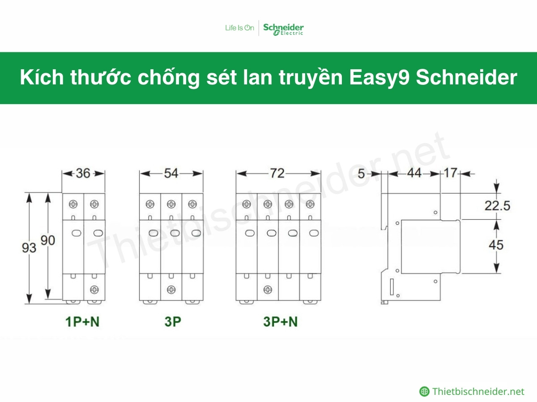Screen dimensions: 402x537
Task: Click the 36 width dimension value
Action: [x=83, y=173]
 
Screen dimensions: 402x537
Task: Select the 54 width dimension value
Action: [x=171, y=173]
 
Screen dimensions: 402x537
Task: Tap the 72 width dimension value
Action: [x=277, y=173]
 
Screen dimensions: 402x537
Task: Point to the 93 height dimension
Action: [x=29, y=247]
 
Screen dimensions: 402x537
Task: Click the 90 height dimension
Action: [x=47, y=240]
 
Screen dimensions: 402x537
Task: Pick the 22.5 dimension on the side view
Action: [x=497, y=205]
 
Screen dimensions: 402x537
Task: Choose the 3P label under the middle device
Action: [x=172, y=321]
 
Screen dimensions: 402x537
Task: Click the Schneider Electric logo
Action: [x=283, y=29]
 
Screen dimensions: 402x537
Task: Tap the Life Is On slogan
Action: [x=239, y=28]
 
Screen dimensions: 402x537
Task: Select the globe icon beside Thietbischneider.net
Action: [x=424, y=392]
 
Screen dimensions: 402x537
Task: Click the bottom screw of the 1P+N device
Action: [x=94, y=289]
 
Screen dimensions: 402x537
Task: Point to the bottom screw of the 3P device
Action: [x=171, y=289]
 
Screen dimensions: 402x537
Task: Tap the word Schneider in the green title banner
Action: [x=467, y=78]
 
